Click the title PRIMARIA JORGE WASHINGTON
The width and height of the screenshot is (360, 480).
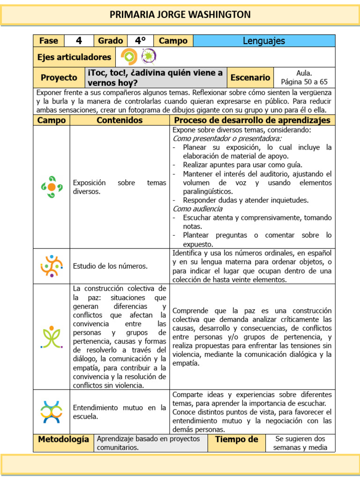(x=180, y=15)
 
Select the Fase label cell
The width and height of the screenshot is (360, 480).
(x=48, y=41)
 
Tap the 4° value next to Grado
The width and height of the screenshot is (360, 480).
(x=140, y=41)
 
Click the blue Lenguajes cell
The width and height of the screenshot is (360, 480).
(x=264, y=41)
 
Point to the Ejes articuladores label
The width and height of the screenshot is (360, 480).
(x=74, y=57)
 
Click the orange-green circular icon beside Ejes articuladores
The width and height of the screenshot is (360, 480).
(x=129, y=57)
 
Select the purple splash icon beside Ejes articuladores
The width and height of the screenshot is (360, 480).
(x=149, y=57)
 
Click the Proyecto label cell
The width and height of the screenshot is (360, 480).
(x=59, y=77)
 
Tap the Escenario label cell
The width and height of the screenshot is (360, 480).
(x=250, y=77)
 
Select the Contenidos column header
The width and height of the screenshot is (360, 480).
(x=120, y=120)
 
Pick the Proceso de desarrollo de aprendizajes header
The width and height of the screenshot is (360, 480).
(x=252, y=120)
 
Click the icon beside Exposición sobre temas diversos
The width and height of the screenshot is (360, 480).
(x=52, y=187)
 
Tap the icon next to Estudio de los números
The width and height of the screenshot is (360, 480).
(x=52, y=266)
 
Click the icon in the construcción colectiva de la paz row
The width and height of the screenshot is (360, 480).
(x=52, y=337)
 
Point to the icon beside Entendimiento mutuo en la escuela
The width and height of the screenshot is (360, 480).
(x=52, y=412)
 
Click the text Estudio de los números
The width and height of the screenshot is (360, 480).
(x=110, y=266)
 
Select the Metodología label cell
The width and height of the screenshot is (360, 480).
(x=63, y=440)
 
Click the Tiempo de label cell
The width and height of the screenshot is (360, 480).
(x=236, y=440)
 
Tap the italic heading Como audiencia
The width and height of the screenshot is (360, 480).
(x=197, y=209)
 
